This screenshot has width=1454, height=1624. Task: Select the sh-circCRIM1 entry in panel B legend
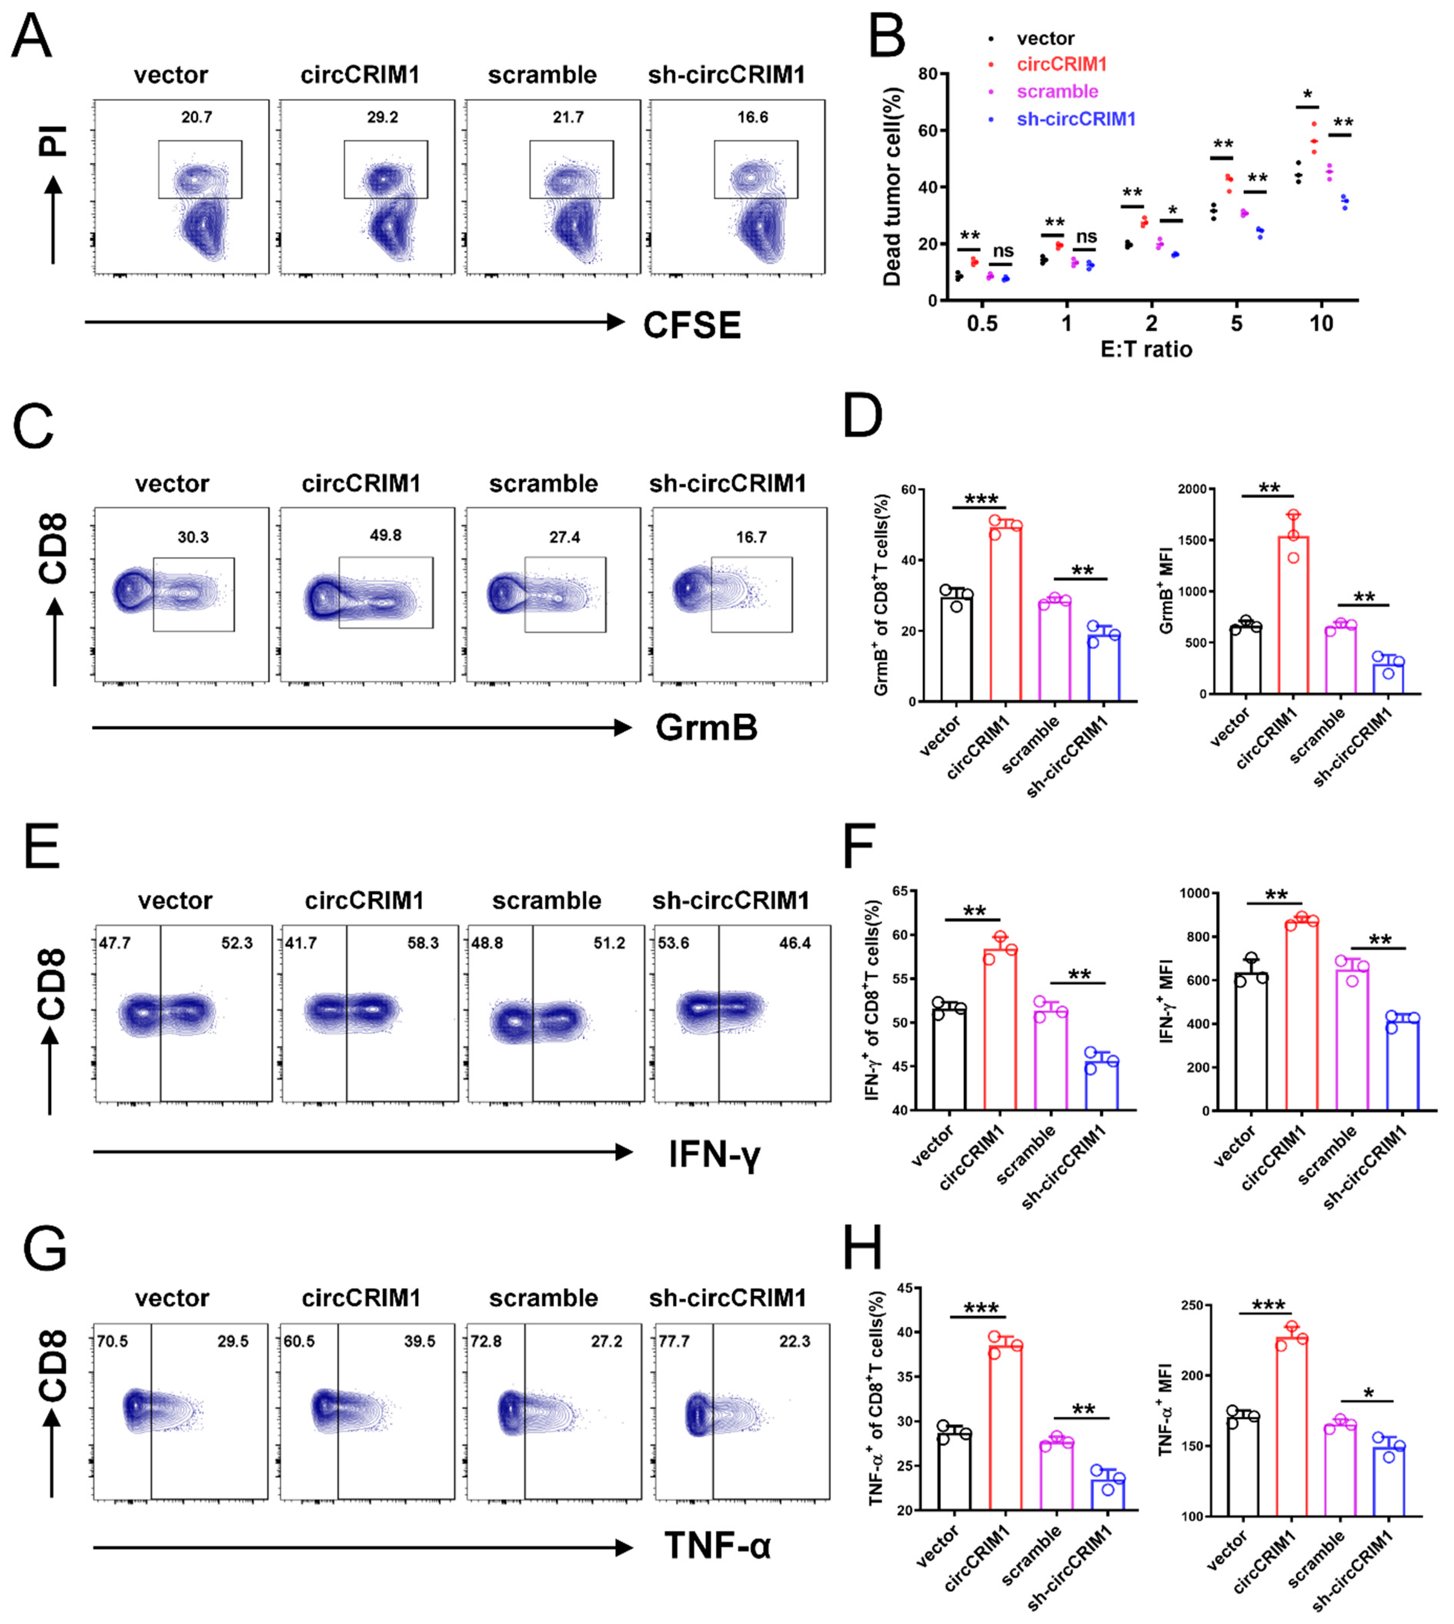tap(1075, 119)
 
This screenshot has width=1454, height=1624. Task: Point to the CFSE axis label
tap(692, 325)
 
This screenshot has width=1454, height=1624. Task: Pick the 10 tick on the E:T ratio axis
tap(1320, 324)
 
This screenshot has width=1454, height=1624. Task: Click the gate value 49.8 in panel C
tap(385, 535)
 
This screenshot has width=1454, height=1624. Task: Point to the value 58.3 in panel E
tap(422, 943)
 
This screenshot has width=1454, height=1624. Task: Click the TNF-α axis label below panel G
tap(718, 1547)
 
